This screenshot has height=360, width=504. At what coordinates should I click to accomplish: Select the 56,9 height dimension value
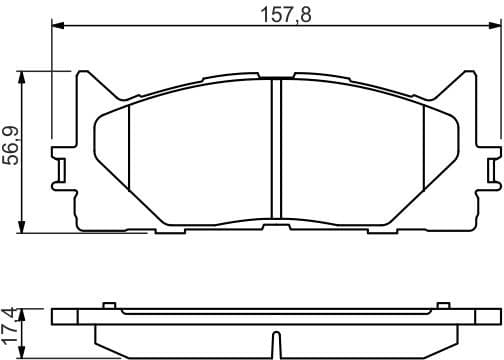click(13, 150)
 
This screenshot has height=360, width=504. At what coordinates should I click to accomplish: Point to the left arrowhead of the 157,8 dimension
click(56, 30)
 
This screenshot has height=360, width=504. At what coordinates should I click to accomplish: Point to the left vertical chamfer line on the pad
click(131, 150)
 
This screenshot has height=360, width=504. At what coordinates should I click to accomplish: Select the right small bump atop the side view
click(442, 303)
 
